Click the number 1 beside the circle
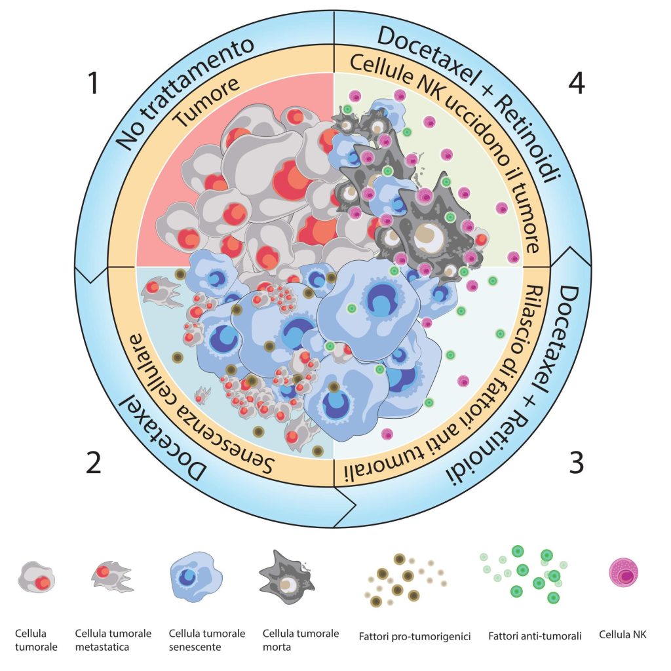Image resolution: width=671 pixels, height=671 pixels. pyautogui.click(x=94, y=83)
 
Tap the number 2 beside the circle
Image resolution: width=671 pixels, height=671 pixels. pyautogui.click(x=94, y=463)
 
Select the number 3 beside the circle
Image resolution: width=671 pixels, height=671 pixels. pyautogui.click(x=576, y=463)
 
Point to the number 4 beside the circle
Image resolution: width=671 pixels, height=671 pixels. pyautogui.click(x=577, y=83)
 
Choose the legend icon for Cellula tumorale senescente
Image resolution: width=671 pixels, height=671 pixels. pyautogui.click(x=196, y=577)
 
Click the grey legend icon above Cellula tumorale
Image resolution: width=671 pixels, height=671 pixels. pyautogui.click(x=36, y=578)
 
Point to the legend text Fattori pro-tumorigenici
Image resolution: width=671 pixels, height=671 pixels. pyautogui.click(x=415, y=636)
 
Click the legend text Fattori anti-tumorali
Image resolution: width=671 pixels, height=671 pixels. pyautogui.click(x=535, y=636)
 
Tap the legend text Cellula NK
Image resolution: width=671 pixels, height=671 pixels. pyautogui.click(x=622, y=635)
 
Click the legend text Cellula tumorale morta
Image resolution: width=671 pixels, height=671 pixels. pyautogui.click(x=301, y=640)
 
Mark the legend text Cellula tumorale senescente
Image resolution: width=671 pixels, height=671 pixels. pyautogui.click(x=207, y=640)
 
